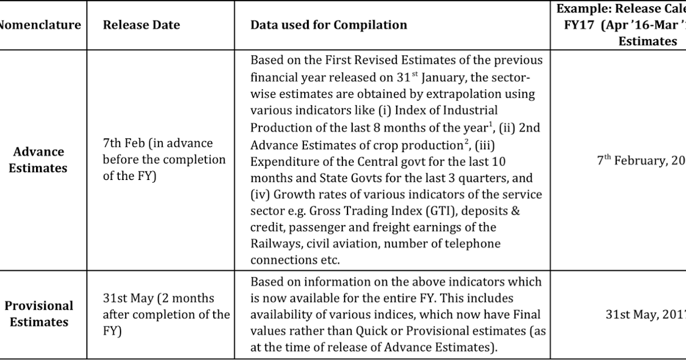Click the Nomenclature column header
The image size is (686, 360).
tap(40, 25)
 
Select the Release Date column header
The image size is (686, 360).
tap(141, 25)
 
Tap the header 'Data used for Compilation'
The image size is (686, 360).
tap(329, 25)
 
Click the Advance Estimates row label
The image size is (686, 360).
tap(39, 160)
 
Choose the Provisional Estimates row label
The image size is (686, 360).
tap(39, 314)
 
